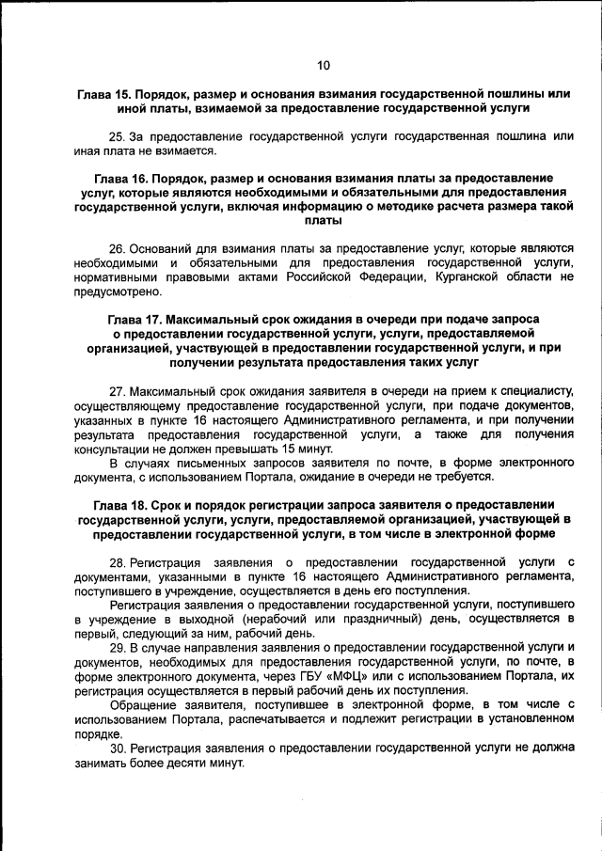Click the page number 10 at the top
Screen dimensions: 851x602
coord(324,65)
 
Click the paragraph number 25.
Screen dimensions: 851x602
coord(118,136)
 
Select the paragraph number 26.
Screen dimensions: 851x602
coord(118,249)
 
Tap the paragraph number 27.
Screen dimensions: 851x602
coord(118,390)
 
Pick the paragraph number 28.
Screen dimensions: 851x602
coord(118,561)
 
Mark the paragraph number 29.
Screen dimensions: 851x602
coord(118,649)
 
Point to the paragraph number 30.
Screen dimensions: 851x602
coord(118,749)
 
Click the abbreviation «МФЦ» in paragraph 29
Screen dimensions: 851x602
coord(299,677)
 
